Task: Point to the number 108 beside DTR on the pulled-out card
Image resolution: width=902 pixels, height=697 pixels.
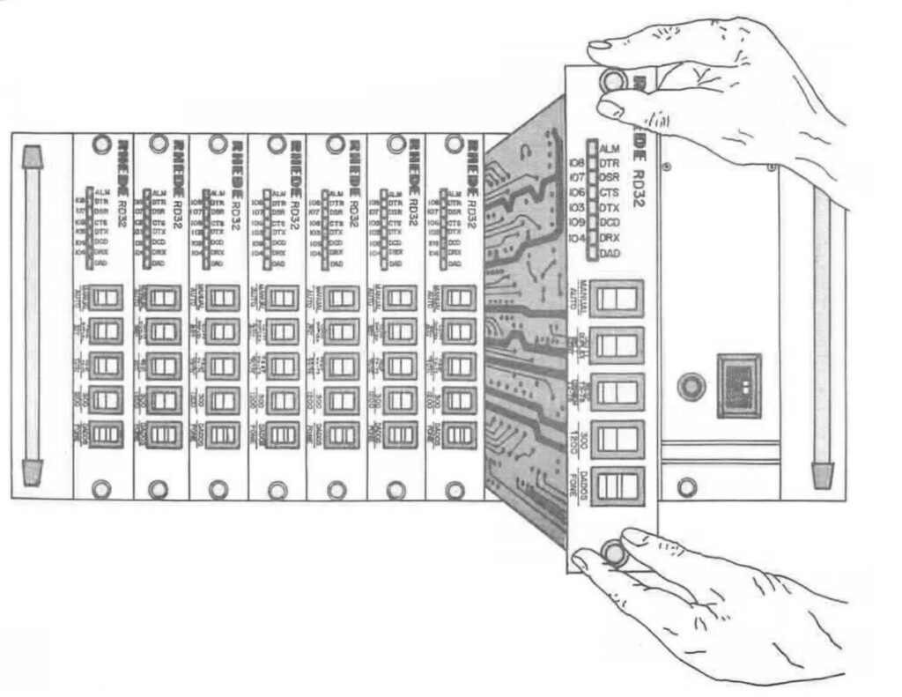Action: coord(577,163)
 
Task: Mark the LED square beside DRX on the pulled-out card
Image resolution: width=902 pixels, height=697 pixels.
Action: coord(593,239)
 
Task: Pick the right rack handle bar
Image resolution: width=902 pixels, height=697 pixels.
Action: coord(821,335)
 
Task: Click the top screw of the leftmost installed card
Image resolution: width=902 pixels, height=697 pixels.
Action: coord(101,143)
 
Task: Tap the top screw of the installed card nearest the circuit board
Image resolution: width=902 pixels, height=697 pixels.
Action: coord(455,143)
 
